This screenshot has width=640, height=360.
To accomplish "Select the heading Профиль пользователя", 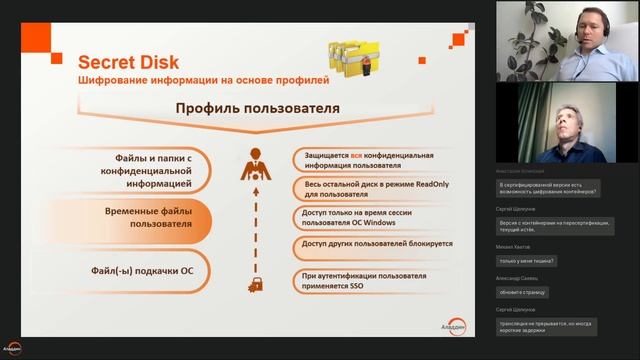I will tap(257, 108).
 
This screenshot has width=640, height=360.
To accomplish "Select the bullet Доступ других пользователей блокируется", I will tap(375, 243).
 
